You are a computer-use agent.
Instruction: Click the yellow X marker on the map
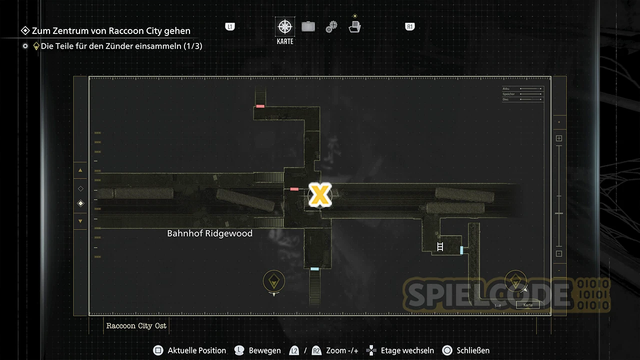[x=320, y=195]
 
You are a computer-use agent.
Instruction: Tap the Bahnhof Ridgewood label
[x=209, y=233]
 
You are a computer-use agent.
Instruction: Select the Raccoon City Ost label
[x=136, y=326]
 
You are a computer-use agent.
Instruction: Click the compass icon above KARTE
[x=285, y=27]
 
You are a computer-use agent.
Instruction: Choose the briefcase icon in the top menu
[x=308, y=26]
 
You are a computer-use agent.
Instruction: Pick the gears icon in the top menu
[x=331, y=27]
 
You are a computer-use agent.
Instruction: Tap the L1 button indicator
[x=230, y=27]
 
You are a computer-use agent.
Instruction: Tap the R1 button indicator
[x=410, y=27]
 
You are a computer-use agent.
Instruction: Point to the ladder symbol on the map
[x=440, y=246]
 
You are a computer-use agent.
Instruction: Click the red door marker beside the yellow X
[x=294, y=189]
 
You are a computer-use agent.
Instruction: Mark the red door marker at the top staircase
[x=260, y=106]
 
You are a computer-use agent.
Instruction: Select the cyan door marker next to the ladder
[x=461, y=250]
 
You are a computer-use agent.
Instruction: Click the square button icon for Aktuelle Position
[x=158, y=350]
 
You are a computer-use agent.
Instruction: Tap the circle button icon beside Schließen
[x=447, y=350]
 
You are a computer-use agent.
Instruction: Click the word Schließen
[x=473, y=350]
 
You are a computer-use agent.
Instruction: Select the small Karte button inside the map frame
[x=528, y=304]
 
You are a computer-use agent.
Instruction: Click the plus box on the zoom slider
[x=559, y=138]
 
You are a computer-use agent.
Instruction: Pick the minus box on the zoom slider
[x=559, y=253]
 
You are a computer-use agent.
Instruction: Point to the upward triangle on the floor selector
[x=80, y=170]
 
